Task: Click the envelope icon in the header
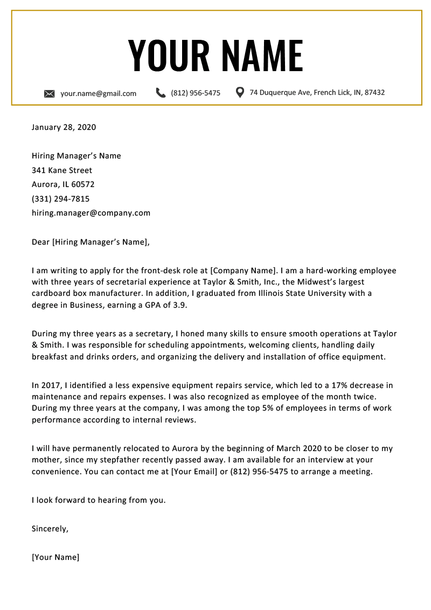point(49,94)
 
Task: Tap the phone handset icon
point(161,93)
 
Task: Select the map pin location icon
point(240,92)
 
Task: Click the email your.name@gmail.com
point(98,93)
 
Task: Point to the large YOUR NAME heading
point(215,55)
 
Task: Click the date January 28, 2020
point(64,127)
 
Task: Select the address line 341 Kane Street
point(62,170)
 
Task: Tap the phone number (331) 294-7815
point(60,199)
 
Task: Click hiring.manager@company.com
point(91,213)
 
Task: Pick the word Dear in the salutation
point(40,242)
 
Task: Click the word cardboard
point(51,293)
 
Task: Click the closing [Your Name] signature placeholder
point(55,557)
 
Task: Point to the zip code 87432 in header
point(374,93)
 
